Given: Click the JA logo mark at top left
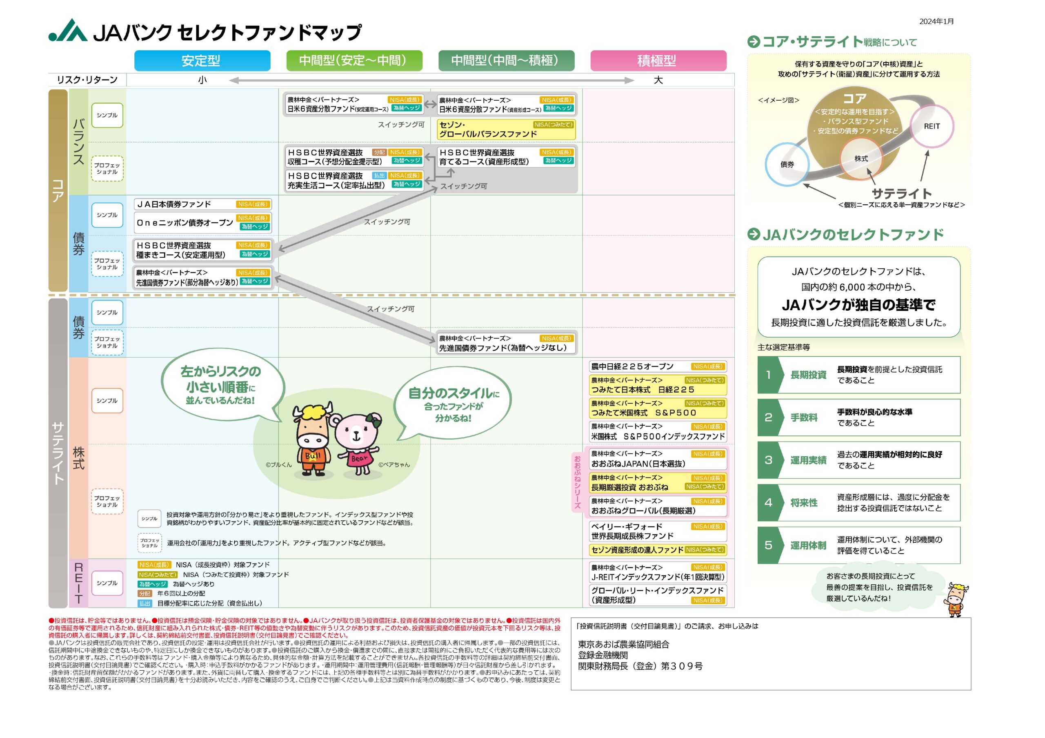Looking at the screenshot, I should point(68,31).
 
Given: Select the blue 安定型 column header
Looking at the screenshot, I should point(202,60).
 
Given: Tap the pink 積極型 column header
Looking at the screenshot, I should point(658,60).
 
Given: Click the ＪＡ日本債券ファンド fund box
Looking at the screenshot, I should point(202,205).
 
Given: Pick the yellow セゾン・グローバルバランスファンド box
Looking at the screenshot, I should point(506,129).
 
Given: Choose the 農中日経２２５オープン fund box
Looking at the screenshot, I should point(657,367).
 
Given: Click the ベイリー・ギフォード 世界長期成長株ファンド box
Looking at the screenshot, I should point(657,531).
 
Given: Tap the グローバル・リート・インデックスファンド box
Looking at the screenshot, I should point(657,595).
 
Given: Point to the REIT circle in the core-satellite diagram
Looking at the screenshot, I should point(931,126).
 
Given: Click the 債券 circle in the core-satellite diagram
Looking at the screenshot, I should point(787,165).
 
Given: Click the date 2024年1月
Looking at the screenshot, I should point(936,21).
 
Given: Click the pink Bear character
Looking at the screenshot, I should point(357,443).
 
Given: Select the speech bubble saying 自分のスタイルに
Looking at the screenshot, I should point(452,405).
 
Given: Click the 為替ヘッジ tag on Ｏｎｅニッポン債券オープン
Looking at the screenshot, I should point(254,226).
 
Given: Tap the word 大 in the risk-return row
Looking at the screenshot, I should point(658,80).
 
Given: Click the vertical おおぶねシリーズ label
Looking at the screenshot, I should point(577,482).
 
